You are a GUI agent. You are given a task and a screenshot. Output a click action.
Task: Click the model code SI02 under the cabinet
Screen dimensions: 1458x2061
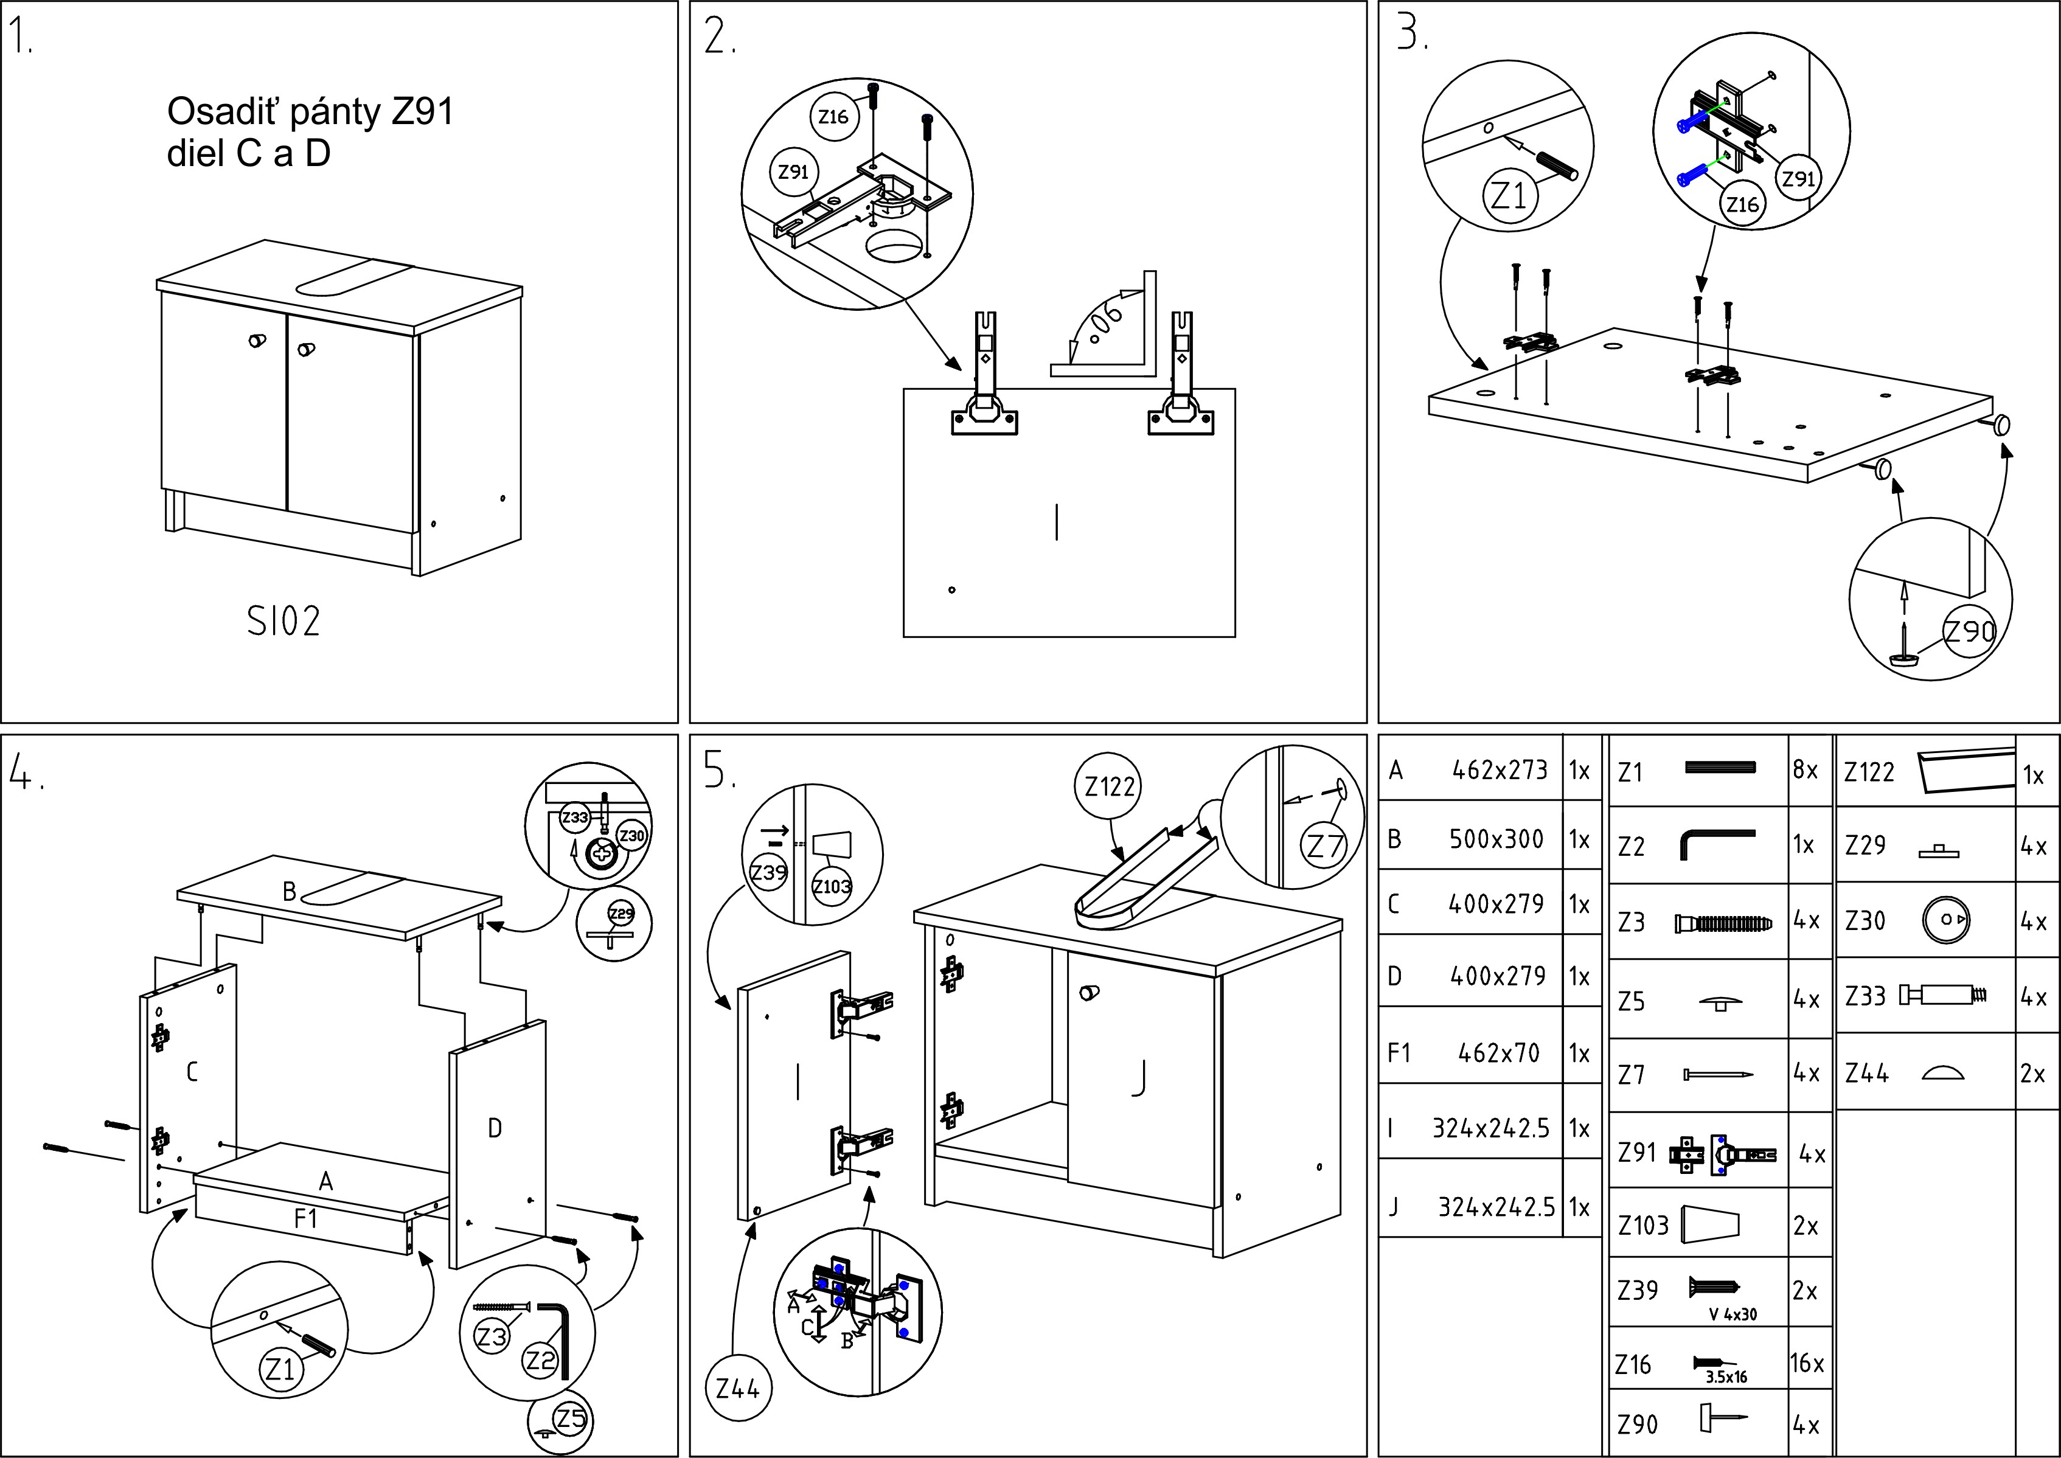pyautogui.click(x=283, y=621)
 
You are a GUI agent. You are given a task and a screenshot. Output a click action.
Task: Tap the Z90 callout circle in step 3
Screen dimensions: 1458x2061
pyautogui.click(x=1969, y=631)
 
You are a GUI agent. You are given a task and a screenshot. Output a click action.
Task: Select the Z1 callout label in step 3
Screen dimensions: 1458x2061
pyautogui.click(x=1508, y=195)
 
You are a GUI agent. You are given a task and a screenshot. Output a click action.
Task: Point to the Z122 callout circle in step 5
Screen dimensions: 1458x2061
pyautogui.click(x=1110, y=786)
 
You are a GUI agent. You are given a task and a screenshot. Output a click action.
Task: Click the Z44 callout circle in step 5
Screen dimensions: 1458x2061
pyautogui.click(x=738, y=1389)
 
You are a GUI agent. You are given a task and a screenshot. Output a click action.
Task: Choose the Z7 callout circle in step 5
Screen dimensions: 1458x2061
pyautogui.click(x=1325, y=845)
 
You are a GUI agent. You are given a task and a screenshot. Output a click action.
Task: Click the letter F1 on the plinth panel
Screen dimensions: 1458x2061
pyautogui.click(x=305, y=1218)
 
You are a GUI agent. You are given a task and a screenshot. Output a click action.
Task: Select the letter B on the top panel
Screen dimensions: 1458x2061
pyautogui.click(x=289, y=892)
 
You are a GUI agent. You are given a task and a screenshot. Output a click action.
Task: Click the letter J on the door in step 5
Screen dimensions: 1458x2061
pyautogui.click(x=1139, y=1077)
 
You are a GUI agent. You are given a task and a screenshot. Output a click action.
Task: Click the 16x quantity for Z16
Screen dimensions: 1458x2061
pyautogui.click(x=1806, y=1364)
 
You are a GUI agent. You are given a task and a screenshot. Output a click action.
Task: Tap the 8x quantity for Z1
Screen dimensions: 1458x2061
pyautogui.click(x=1805, y=770)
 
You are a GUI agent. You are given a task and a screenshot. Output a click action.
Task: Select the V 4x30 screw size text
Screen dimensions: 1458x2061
pyautogui.click(x=1733, y=1315)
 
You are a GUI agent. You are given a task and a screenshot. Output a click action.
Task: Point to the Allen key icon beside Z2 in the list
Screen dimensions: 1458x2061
pyautogui.click(x=1714, y=844)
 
